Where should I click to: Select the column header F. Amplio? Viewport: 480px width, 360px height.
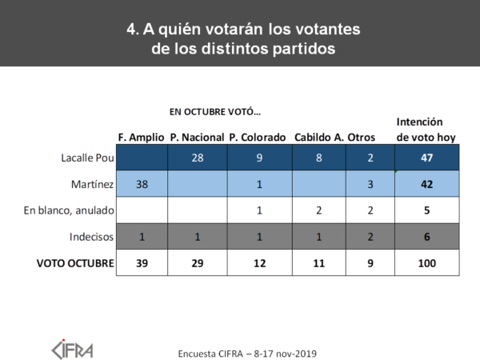coord(141,138)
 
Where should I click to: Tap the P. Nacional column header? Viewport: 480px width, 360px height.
coord(197,138)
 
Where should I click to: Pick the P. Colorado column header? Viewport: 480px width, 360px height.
coord(257,138)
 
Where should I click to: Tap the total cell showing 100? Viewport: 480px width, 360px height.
coord(426,263)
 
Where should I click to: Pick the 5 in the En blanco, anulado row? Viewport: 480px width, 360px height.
coord(426,211)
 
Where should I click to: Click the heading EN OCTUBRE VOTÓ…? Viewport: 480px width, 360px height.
coord(214,111)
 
